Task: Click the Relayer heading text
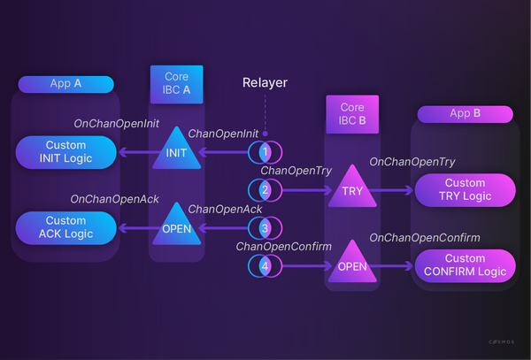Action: click(x=265, y=83)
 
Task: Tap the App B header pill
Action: click(x=466, y=113)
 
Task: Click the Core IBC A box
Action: click(x=177, y=83)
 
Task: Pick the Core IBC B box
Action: click(x=353, y=113)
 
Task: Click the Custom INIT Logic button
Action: click(x=66, y=152)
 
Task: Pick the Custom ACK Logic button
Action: click(x=66, y=227)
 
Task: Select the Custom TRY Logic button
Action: click(x=465, y=189)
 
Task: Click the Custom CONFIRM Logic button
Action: click(x=465, y=264)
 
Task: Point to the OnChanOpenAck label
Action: click(x=114, y=200)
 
